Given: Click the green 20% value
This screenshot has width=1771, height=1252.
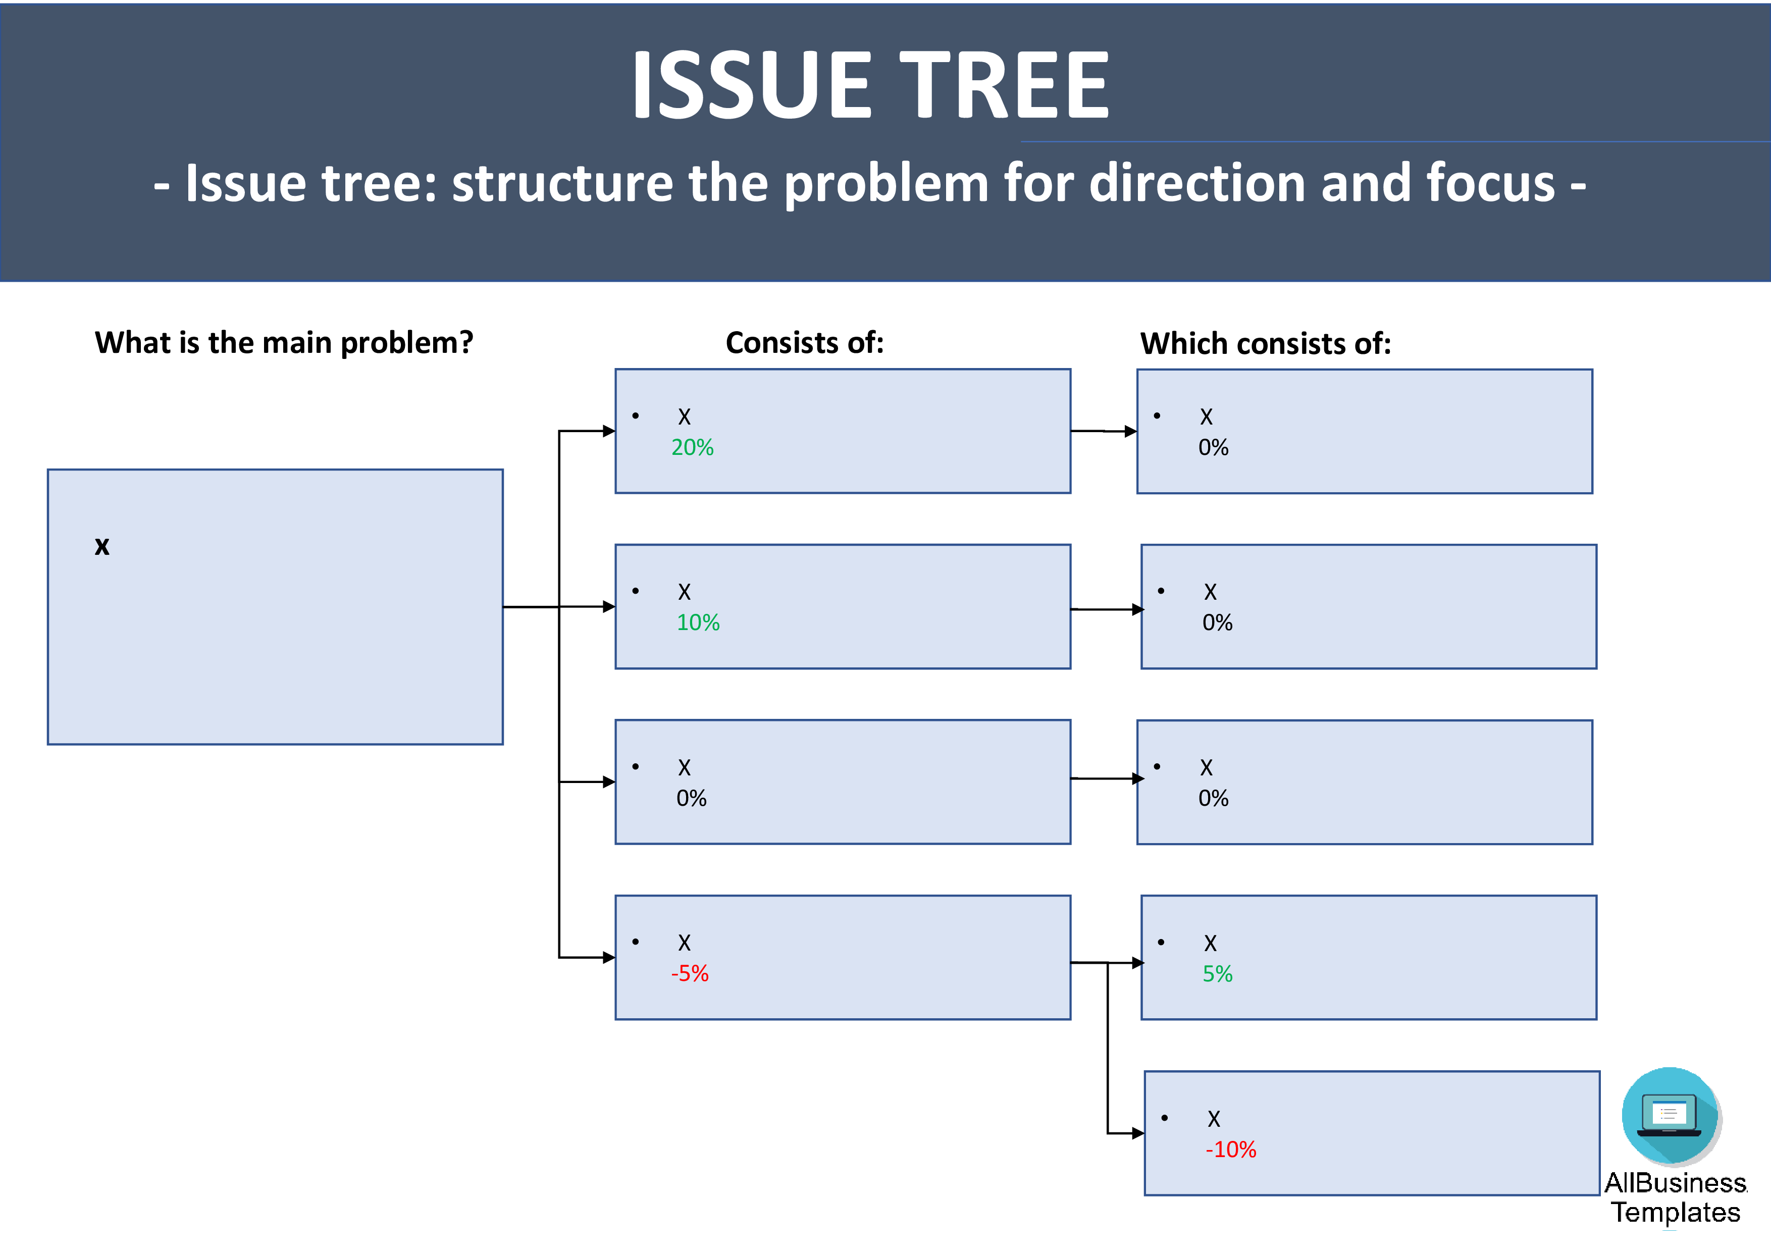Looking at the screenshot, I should coord(692,447).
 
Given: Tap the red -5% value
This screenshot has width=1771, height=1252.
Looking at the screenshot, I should coord(690,973).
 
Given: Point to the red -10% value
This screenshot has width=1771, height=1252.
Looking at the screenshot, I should coord(1230,1150).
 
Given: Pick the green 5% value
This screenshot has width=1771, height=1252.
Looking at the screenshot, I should coord(1217,974).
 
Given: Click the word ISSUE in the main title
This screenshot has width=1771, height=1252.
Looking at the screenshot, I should coord(752,85).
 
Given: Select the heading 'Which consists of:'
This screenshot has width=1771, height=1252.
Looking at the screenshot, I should coord(1266,343).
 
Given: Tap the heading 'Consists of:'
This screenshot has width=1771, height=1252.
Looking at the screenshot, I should coord(805,342).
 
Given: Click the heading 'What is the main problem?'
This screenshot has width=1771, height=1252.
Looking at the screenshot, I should coord(284,342).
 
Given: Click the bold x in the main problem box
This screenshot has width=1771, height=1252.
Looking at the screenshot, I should coord(102,546).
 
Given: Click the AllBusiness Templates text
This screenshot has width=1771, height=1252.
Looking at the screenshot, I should coord(1676,1197).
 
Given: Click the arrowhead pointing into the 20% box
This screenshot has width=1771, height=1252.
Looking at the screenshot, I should coord(608,431).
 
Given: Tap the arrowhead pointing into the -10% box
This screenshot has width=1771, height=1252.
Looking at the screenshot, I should coord(1138,1133).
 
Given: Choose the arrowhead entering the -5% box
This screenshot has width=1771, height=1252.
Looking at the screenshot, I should coord(608,957).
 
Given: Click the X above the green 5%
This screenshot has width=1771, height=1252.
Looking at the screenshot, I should coord(1210,944).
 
